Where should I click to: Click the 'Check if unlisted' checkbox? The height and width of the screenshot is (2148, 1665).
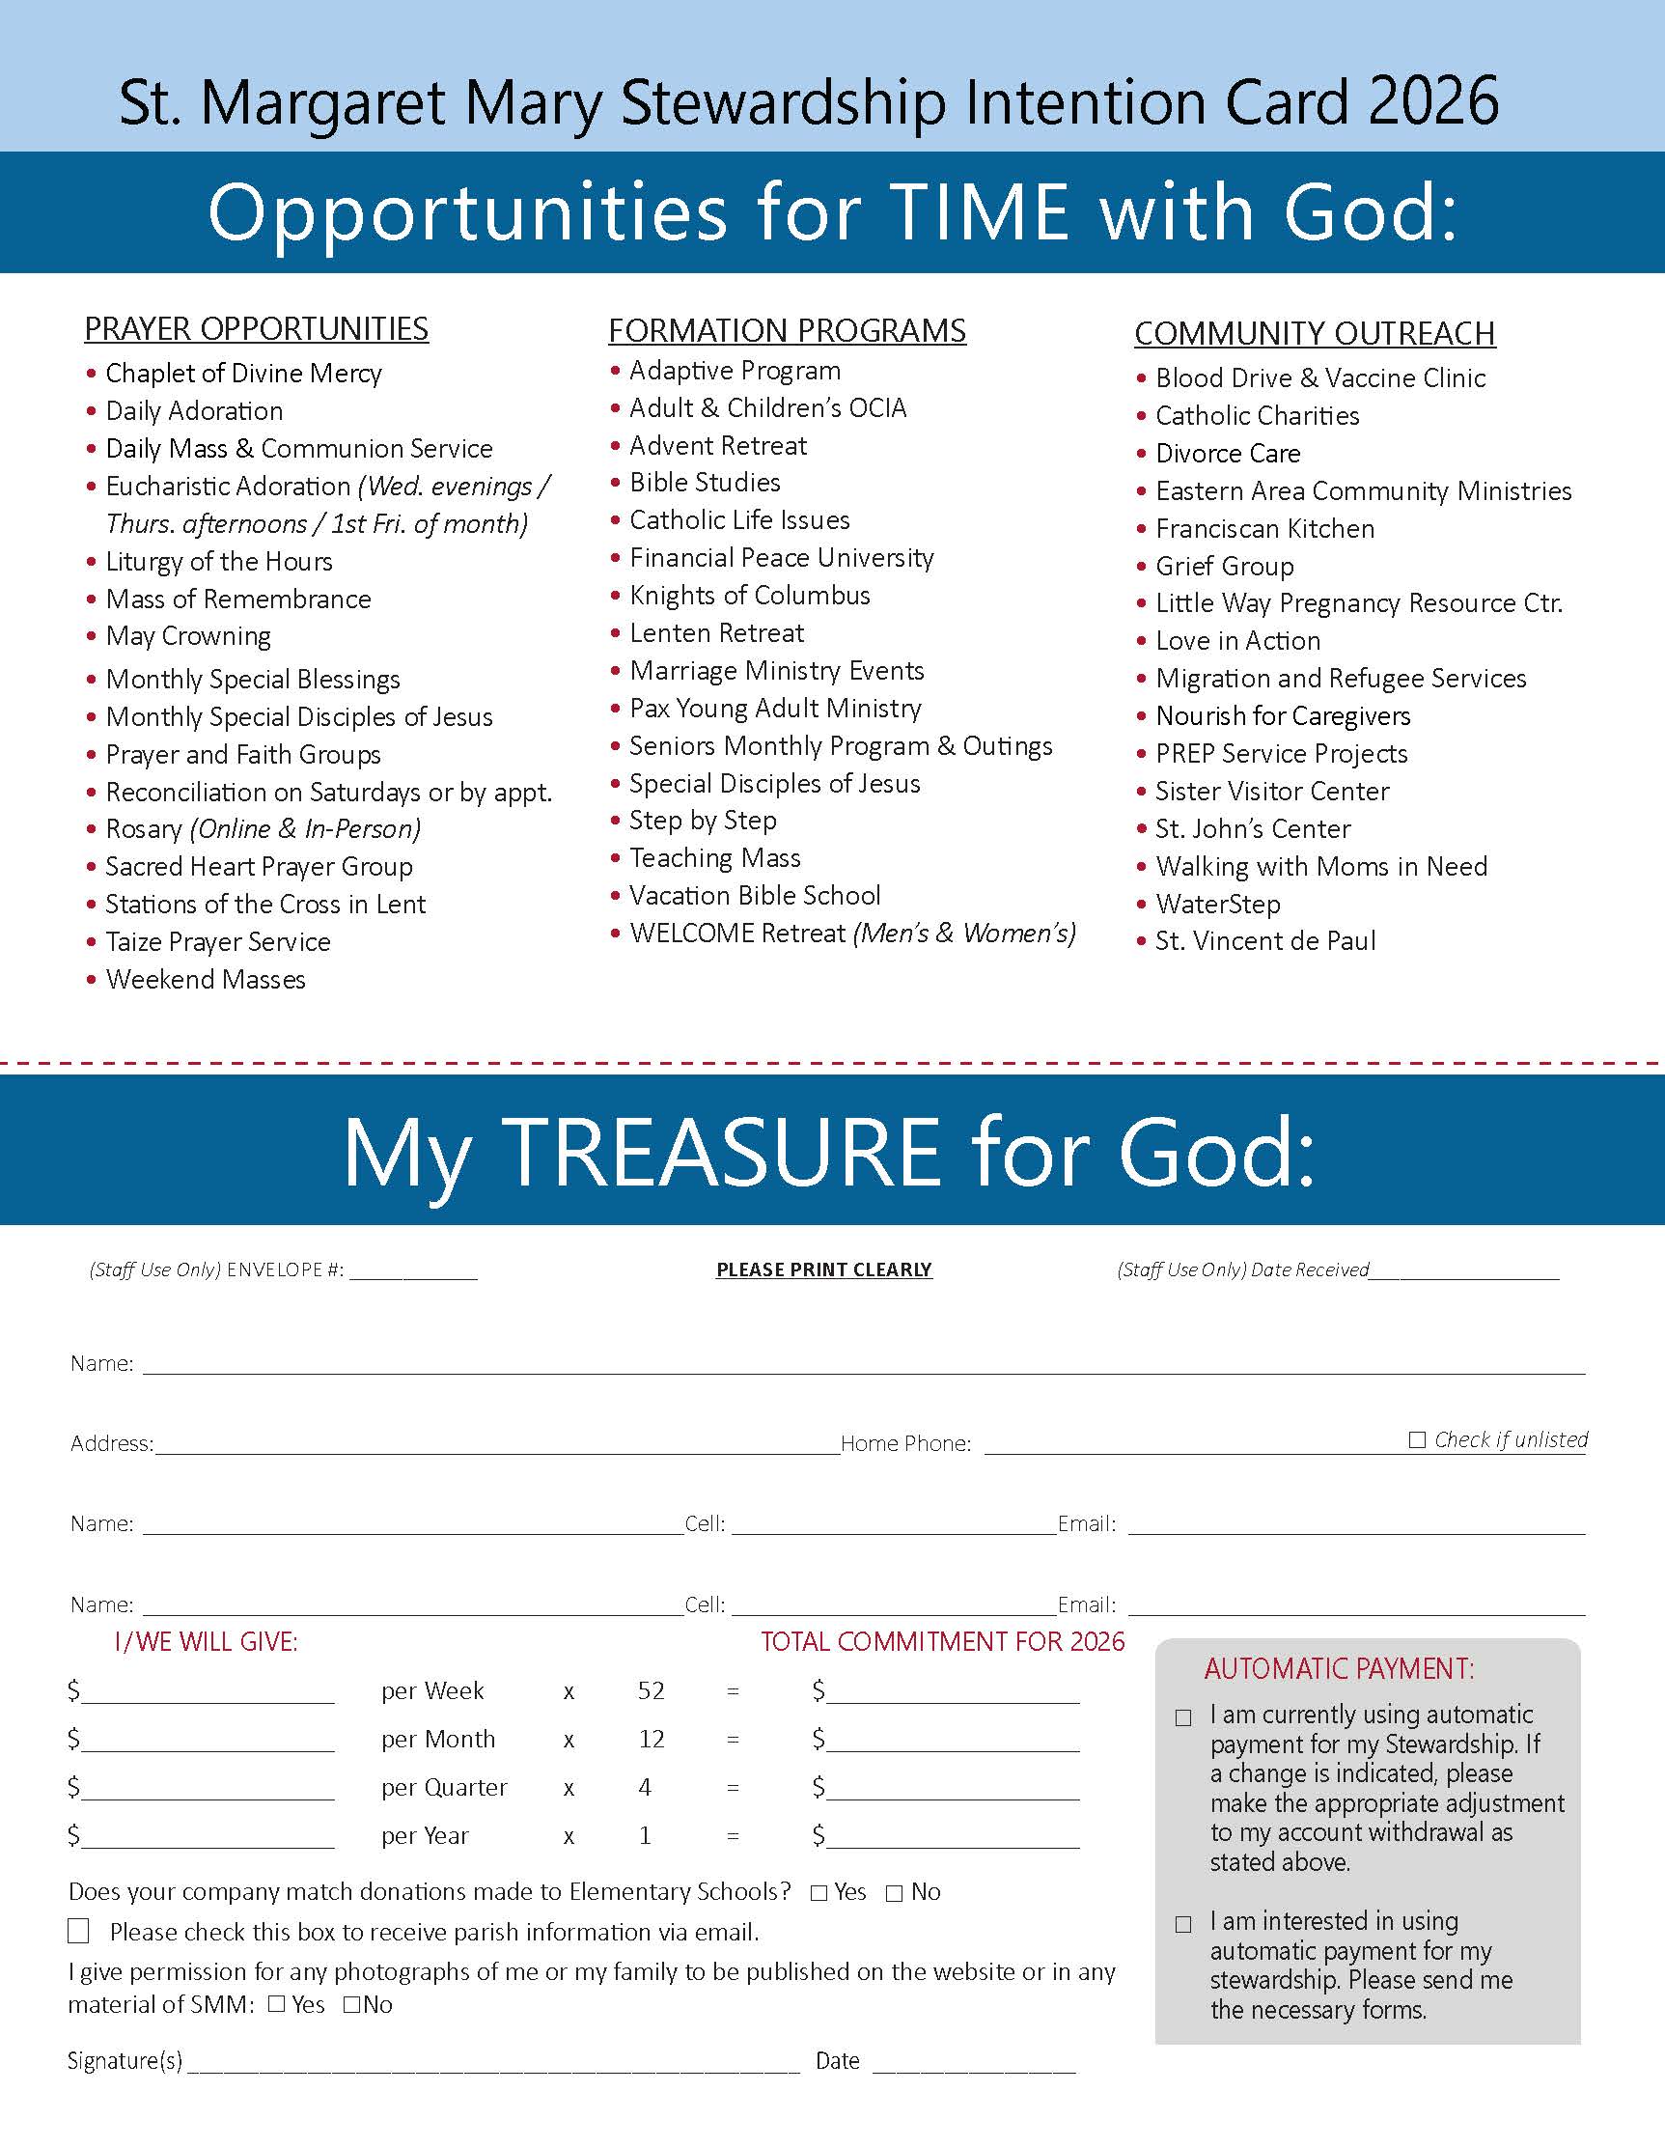tap(1417, 1439)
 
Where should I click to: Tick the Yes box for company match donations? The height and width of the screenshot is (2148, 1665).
tap(819, 1893)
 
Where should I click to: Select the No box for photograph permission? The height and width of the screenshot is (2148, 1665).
tap(351, 2004)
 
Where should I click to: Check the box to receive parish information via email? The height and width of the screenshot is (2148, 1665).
tap(79, 1931)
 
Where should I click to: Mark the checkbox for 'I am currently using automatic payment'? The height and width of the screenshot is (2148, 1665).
tap(1184, 1718)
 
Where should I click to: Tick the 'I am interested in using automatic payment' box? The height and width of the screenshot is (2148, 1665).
tap(1184, 1925)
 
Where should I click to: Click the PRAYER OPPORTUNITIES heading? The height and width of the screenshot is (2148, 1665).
tap(256, 328)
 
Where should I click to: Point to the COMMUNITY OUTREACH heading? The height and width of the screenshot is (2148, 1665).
tap(1314, 333)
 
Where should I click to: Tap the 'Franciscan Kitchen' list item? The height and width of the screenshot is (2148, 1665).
tap(1263, 529)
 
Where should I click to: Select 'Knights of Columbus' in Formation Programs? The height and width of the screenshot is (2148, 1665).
tap(749, 595)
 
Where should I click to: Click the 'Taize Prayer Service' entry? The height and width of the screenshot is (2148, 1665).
tap(217, 942)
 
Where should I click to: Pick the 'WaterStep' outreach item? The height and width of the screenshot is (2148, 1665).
tap(1217, 904)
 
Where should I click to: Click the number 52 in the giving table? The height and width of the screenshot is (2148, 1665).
tap(652, 1690)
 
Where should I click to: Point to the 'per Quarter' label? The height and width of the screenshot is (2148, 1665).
tap(444, 1787)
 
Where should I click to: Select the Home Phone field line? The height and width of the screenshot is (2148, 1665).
tap(1195, 1444)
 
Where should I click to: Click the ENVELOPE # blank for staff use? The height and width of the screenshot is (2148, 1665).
tap(413, 1270)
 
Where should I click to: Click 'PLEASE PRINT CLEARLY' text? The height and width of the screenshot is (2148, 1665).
tap(823, 1269)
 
